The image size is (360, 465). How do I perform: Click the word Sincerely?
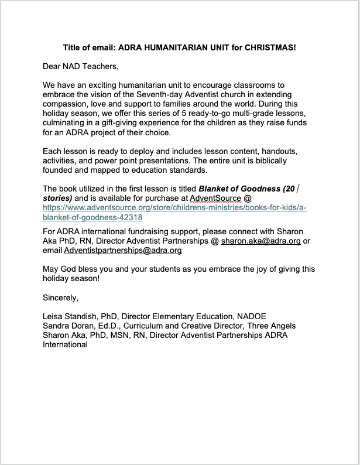60,298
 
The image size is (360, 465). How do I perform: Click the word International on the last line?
65,344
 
